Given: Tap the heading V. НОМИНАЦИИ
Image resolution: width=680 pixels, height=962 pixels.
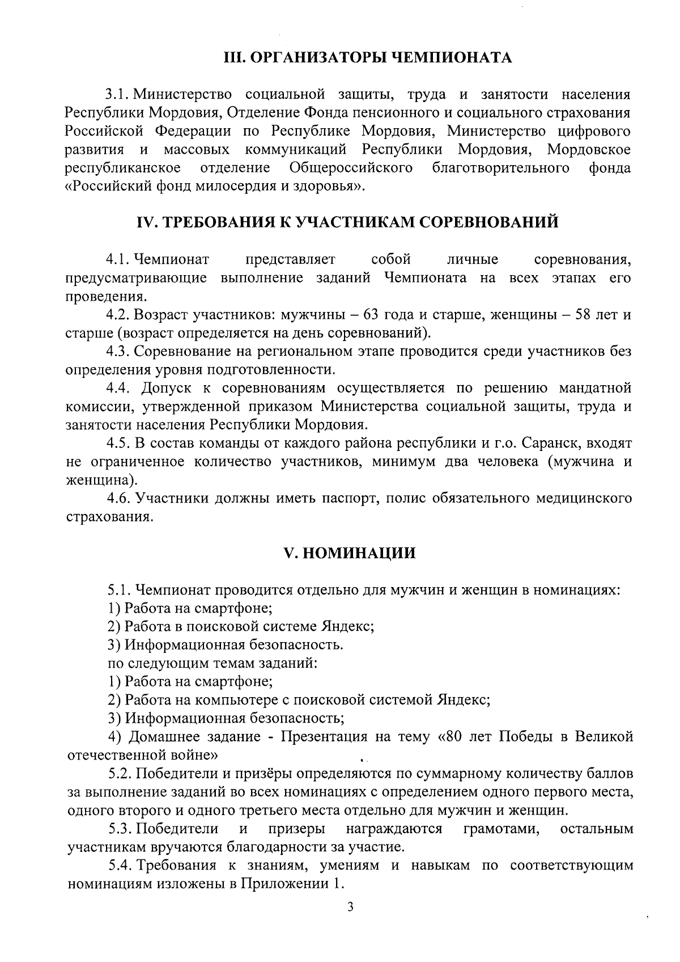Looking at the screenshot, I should [350, 553].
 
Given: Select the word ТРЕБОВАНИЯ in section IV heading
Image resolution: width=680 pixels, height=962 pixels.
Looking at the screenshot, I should [220, 222].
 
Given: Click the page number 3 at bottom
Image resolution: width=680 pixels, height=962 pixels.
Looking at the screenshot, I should [350, 907].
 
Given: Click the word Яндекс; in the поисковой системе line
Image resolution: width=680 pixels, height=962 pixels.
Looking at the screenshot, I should [348, 627].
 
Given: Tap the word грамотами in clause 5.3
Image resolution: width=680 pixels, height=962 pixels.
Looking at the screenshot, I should [501, 829].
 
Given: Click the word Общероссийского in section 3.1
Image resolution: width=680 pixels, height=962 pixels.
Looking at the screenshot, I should [350, 168].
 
